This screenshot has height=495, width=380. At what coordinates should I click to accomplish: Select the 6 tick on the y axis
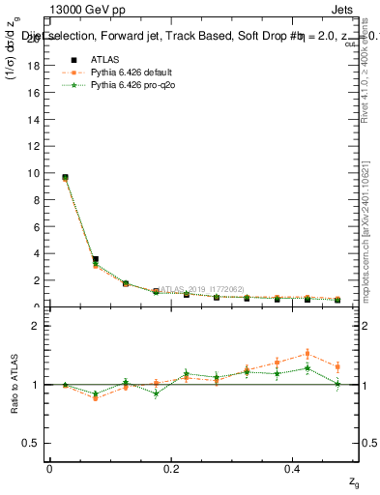pyautogui.click(x=38, y=227)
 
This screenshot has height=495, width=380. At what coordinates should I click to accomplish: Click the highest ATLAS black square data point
pyautogui.click(x=65, y=178)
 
